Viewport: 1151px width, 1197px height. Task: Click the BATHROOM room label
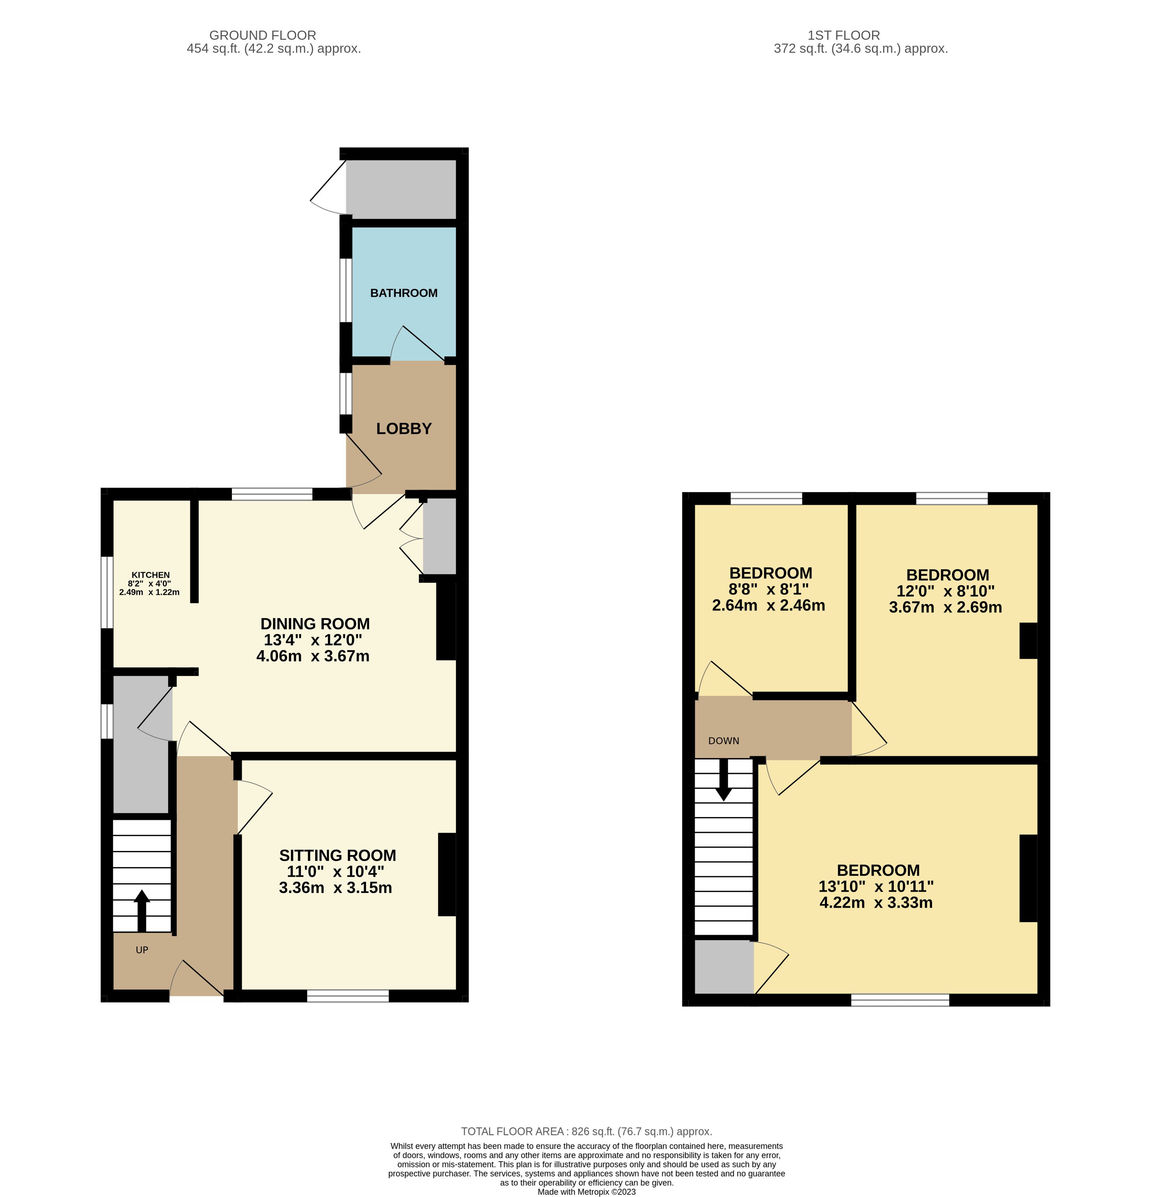click(x=404, y=293)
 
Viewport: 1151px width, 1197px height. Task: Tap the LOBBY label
click(x=404, y=429)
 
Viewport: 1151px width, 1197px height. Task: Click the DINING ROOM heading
click(x=315, y=623)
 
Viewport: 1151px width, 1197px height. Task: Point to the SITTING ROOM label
click(x=338, y=855)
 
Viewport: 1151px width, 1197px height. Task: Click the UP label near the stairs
click(x=142, y=950)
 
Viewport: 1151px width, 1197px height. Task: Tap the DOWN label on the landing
click(x=724, y=741)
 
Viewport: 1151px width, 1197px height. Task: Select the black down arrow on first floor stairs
click(x=724, y=780)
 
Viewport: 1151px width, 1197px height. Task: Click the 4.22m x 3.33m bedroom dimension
click(x=876, y=903)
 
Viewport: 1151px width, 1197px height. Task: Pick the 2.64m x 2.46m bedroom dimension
click(x=769, y=605)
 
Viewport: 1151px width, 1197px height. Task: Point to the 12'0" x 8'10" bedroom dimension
click(x=946, y=591)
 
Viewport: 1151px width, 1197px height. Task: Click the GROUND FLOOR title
click(x=263, y=36)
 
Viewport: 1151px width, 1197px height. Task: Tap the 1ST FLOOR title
click(x=844, y=36)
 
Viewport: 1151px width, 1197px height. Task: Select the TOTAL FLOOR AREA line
click(x=586, y=1132)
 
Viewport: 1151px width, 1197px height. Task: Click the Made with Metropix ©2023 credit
click(x=586, y=1191)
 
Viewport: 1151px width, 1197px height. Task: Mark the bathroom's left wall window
click(x=346, y=290)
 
